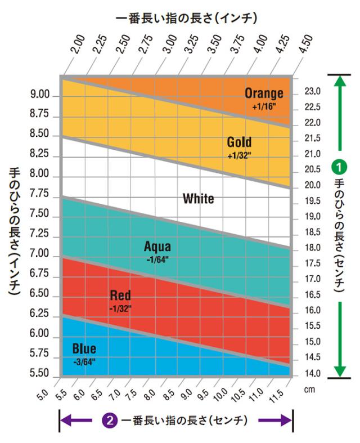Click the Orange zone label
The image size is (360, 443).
[x=264, y=93]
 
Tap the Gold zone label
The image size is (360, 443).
[x=239, y=142]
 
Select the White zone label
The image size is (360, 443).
[x=198, y=199]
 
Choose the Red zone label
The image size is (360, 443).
[x=120, y=295]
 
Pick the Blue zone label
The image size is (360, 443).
[x=84, y=349]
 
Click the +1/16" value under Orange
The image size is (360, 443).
[x=264, y=105]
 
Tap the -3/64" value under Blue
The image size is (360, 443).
[x=84, y=361]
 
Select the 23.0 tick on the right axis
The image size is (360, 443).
[x=312, y=91]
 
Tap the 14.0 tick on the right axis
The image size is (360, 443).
[x=312, y=373]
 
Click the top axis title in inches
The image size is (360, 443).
[x=186, y=18]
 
